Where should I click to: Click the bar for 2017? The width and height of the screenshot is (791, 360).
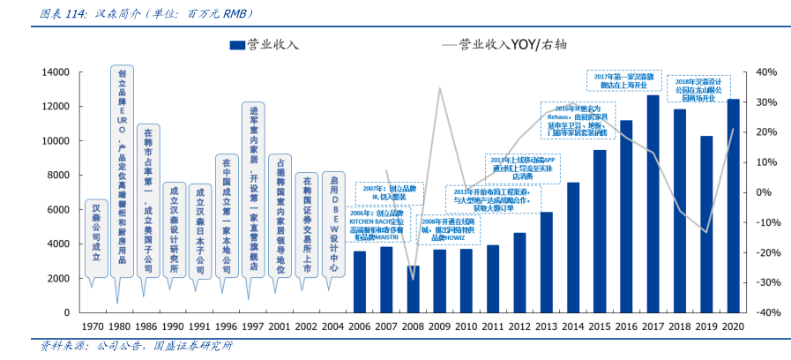coord(653,204)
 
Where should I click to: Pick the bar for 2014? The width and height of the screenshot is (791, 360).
coord(572,247)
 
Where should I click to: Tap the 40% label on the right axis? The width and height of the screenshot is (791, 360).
coord(764,71)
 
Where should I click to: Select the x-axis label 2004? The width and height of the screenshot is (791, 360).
coord(333,326)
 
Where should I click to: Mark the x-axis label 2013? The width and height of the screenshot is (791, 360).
coord(546,326)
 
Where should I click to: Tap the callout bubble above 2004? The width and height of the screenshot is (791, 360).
coord(333,225)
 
